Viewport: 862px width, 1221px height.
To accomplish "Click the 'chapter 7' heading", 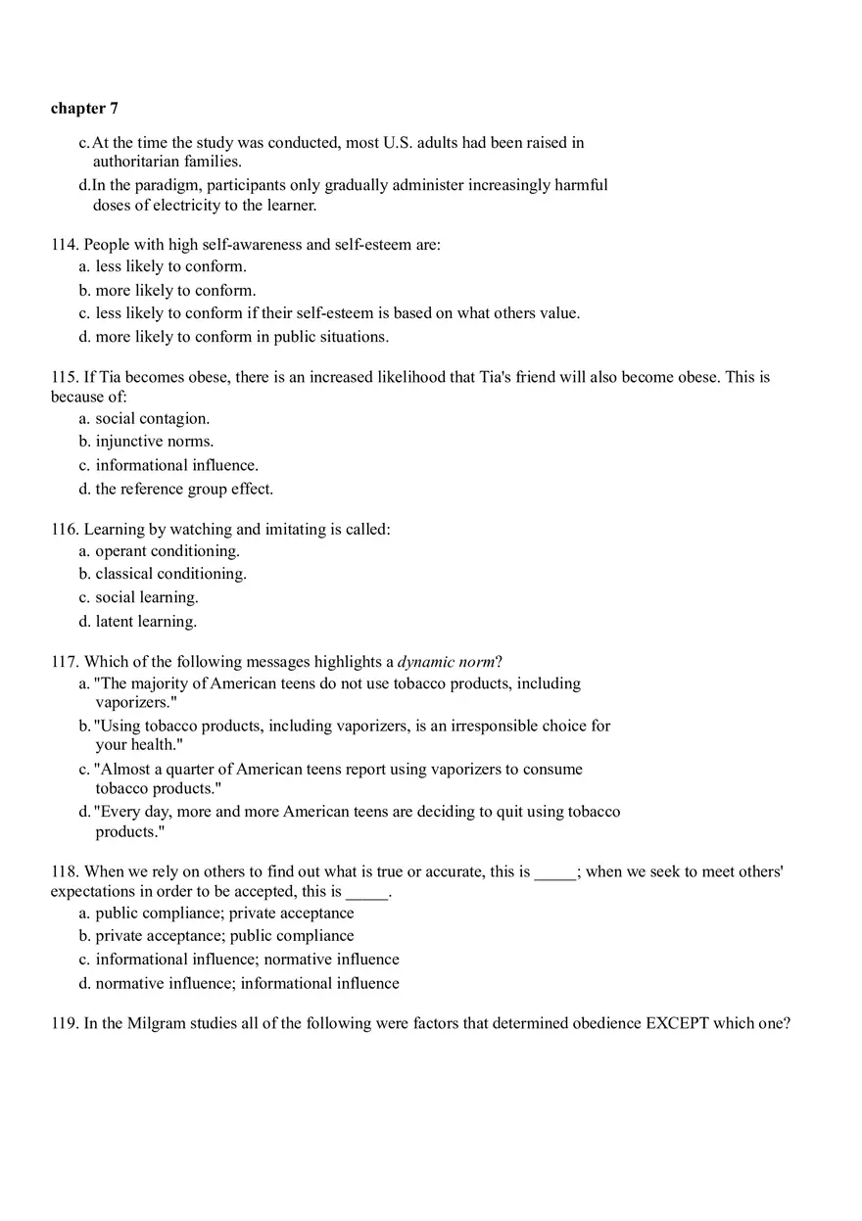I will pos(84,109).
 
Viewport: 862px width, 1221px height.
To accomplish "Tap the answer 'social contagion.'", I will pos(152,419).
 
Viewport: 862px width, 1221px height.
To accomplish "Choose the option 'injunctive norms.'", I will pos(154,442).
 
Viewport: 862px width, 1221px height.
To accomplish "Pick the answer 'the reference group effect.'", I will pos(184,489).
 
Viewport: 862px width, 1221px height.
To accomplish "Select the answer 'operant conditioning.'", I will pos(167,551).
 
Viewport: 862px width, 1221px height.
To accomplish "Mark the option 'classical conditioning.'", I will pos(170,574).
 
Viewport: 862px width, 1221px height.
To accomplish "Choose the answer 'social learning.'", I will pos(146,597).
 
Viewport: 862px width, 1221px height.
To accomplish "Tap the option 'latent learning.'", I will pos(146,621).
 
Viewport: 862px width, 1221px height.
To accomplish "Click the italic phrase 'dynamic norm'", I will pos(446,662).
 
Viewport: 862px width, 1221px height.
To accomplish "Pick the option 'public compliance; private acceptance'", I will pos(224,914).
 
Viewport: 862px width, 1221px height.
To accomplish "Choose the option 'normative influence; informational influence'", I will pos(247,983).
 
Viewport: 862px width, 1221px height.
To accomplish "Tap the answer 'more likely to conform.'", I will pos(175,291).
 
